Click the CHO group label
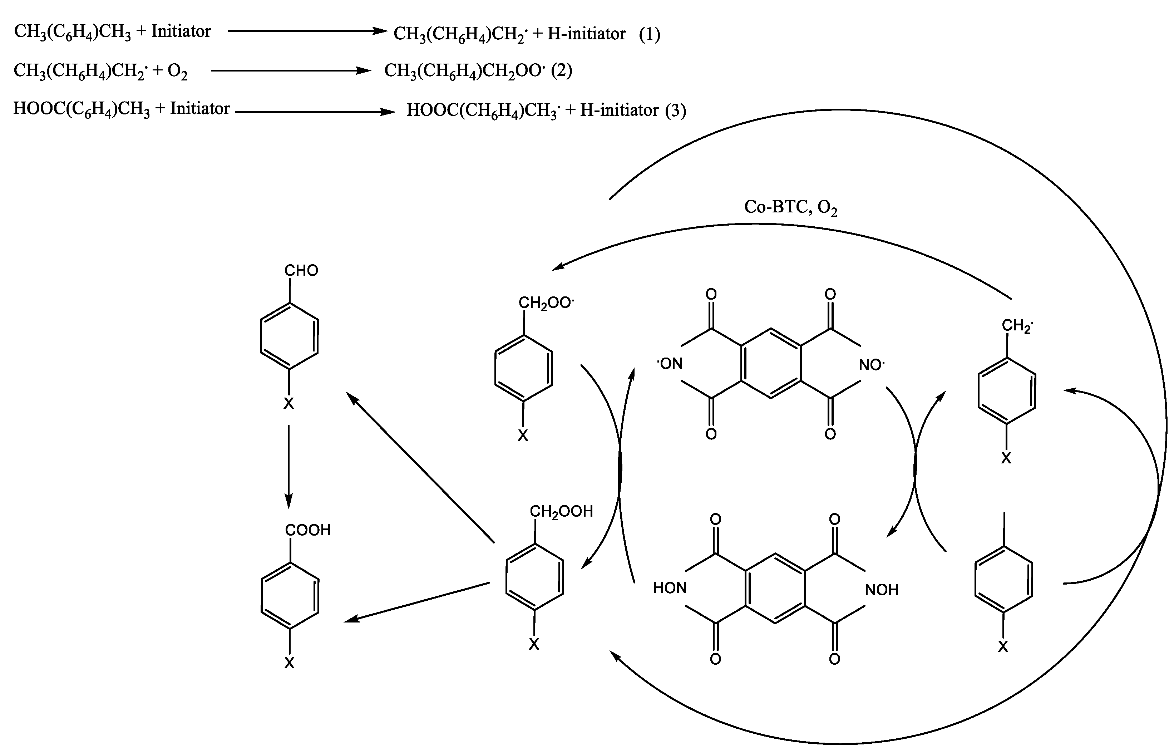301,270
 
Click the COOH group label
308,530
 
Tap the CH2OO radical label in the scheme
546,303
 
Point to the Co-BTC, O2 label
790,207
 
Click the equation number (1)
650,34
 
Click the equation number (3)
675,110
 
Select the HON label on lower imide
670,588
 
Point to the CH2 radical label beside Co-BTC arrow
1017,326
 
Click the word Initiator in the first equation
181,31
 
